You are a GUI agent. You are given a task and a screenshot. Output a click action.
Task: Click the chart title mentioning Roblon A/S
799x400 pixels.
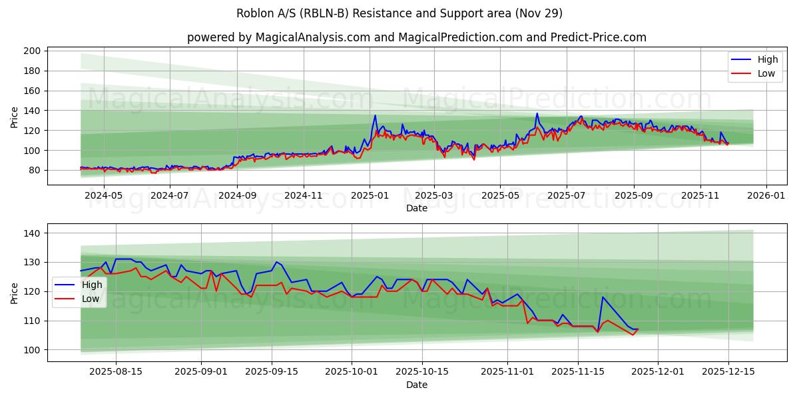[400, 13]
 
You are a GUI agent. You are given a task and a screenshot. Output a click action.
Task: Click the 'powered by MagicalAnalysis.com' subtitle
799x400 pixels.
[416, 37]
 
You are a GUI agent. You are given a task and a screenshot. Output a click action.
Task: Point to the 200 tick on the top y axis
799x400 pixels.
[33, 51]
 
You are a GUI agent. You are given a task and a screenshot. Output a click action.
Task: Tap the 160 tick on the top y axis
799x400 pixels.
[33, 91]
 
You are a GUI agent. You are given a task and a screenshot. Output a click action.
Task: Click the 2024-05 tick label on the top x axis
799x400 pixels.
[105, 196]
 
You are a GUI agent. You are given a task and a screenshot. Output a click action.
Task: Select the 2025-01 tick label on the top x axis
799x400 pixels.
[370, 196]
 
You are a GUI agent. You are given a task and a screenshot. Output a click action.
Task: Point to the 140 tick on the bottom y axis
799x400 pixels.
[33, 233]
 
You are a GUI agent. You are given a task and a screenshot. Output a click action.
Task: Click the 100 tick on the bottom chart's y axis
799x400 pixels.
[33, 350]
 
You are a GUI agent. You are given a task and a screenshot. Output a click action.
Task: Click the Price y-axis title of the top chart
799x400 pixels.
[15, 117]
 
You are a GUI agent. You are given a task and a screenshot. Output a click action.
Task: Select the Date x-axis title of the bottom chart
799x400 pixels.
[417, 385]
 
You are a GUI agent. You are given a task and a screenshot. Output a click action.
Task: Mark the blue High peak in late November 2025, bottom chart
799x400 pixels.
[603, 297]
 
